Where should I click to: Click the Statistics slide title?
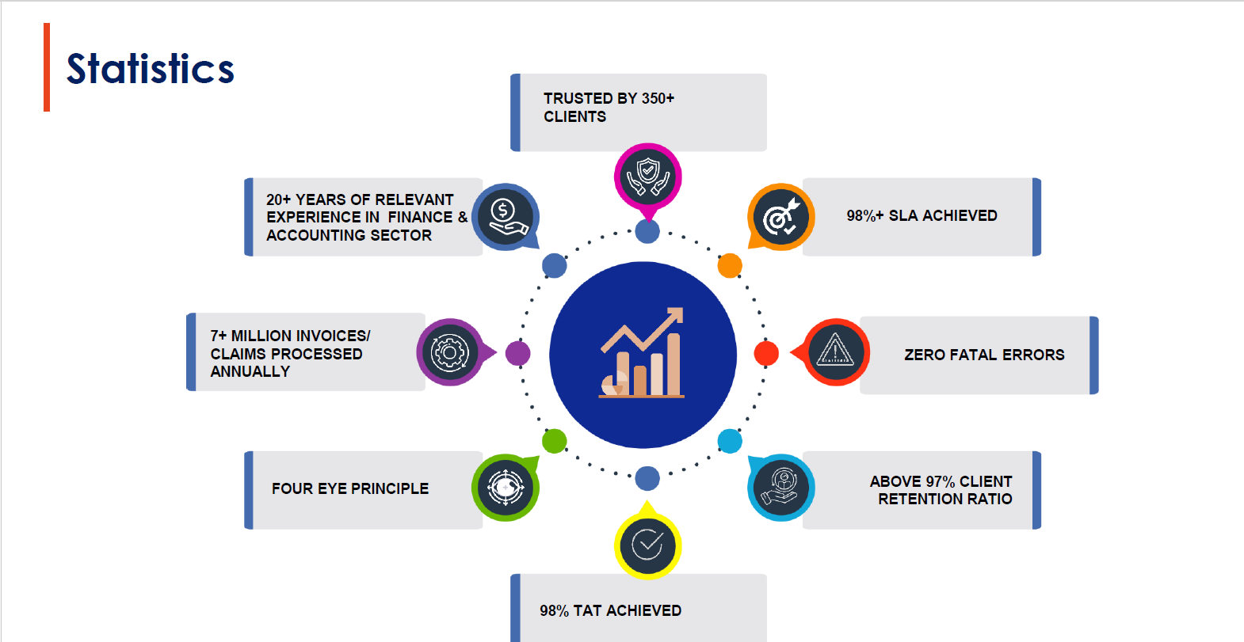(151, 69)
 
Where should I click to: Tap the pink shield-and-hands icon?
(648, 176)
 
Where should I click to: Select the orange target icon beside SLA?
(781, 217)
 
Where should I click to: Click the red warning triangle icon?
(836, 352)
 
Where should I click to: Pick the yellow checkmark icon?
(647, 545)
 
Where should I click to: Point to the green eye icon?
(506, 487)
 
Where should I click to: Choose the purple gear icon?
(450, 352)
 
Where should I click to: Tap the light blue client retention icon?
(781, 487)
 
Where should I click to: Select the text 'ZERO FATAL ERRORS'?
(984, 355)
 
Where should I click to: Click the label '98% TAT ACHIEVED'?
(610, 610)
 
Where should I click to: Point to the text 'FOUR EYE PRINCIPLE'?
(350, 488)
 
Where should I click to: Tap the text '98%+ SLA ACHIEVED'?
(922, 215)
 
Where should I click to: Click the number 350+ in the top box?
(658, 98)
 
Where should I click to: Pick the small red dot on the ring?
(766, 353)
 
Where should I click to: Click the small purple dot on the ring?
(517, 353)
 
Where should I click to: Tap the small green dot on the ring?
(554, 441)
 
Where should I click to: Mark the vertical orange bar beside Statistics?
(47, 67)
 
